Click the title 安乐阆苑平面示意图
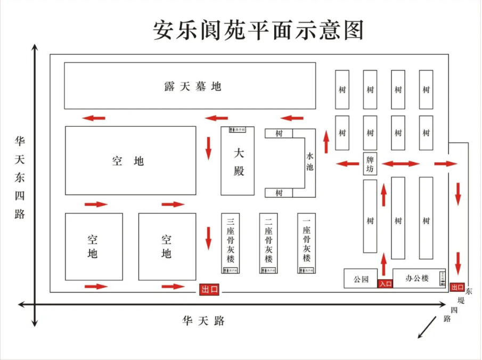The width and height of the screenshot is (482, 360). click(x=259, y=30)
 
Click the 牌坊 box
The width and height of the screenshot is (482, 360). click(x=370, y=164)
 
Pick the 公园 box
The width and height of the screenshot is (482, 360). click(x=361, y=279)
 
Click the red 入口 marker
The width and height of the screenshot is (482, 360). click(x=385, y=284)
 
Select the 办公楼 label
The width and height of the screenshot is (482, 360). click(x=416, y=278)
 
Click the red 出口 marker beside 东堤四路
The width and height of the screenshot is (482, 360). click(x=457, y=287)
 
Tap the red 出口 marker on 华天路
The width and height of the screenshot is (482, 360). click(x=209, y=289)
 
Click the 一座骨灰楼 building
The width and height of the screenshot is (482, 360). click(x=306, y=243)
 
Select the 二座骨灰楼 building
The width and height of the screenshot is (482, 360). click(x=269, y=243)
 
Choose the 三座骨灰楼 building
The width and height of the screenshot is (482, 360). click(x=231, y=243)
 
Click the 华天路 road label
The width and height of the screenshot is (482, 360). click(x=203, y=321)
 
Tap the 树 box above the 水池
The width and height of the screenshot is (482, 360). click(x=279, y=134)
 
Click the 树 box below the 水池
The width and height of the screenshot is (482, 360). click(x=279, y=193)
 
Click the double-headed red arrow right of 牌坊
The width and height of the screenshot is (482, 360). click(x=401, y=163)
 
